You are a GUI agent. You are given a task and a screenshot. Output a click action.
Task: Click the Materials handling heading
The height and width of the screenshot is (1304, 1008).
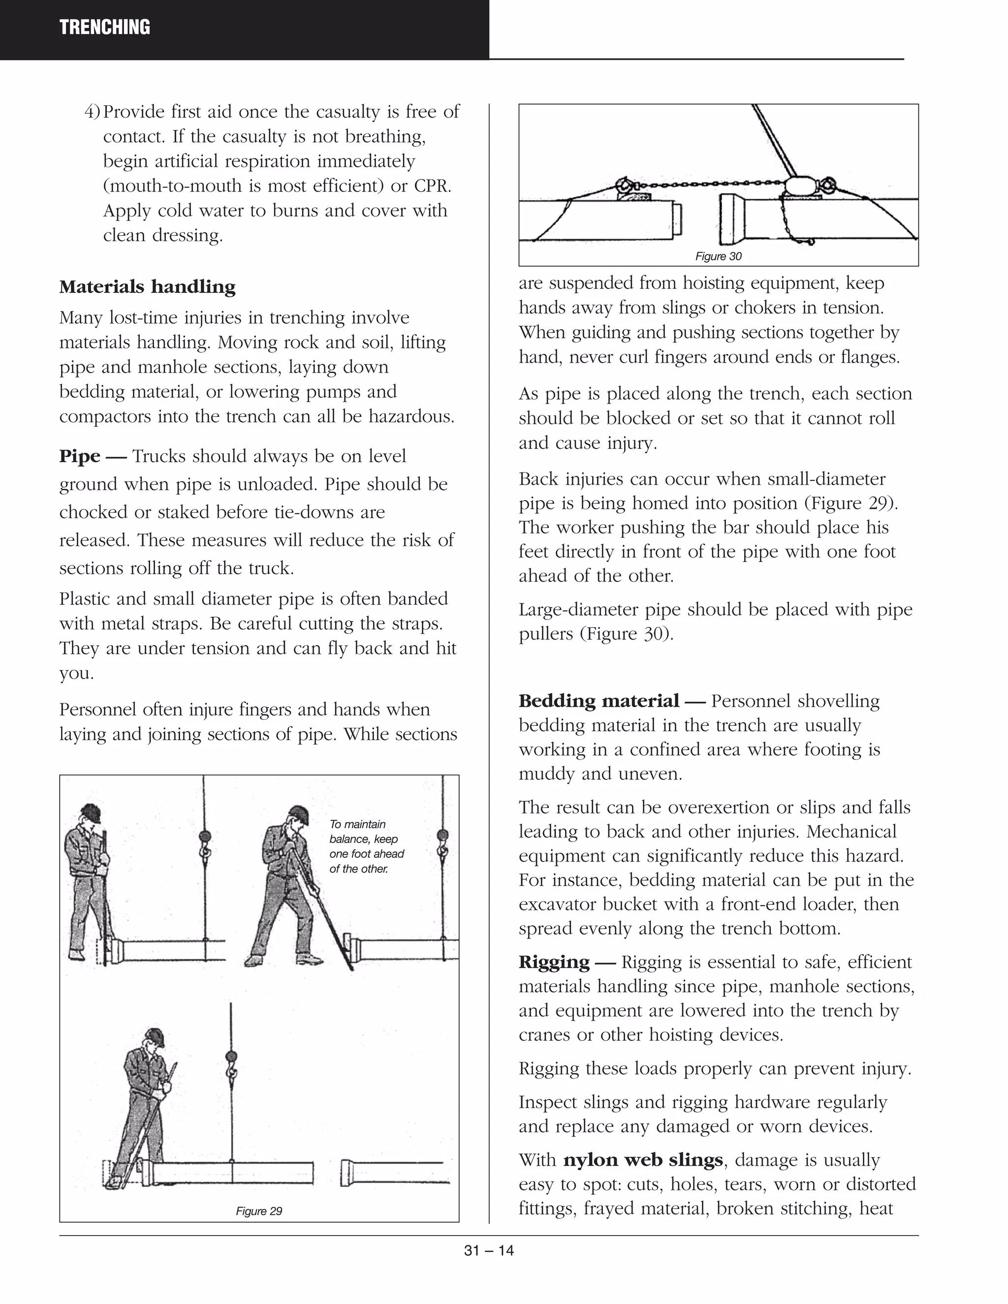147,287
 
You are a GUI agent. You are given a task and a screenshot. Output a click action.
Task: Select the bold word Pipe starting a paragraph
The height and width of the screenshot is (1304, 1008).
79,456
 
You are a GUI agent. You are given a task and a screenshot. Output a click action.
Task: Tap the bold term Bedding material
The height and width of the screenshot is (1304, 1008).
598,700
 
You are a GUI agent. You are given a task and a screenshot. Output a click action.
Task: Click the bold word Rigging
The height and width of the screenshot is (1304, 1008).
554,962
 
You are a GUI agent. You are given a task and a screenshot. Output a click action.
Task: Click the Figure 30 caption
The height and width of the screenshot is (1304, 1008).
719,256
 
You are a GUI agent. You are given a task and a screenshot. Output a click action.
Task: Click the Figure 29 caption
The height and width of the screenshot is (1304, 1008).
258,1211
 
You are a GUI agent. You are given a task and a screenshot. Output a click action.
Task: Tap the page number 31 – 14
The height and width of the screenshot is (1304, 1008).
488,1251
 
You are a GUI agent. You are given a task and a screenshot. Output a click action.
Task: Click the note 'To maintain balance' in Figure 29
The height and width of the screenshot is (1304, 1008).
366,846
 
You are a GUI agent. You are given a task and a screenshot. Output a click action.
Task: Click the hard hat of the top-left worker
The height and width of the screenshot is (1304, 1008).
90,811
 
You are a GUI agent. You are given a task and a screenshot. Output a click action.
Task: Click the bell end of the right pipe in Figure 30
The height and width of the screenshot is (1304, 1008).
731,218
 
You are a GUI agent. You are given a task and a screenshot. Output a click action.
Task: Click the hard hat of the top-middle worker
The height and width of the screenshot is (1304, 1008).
298,814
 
